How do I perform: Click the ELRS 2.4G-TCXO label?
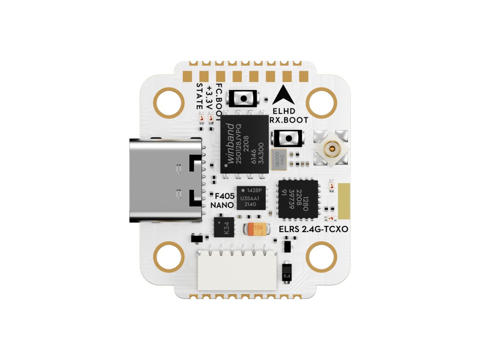click(x=313, y=230)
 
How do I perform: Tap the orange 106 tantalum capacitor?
click(x=256, y=229)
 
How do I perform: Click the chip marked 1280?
click(x=298, y=199)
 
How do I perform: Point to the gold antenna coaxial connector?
click(x=332, y=149)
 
